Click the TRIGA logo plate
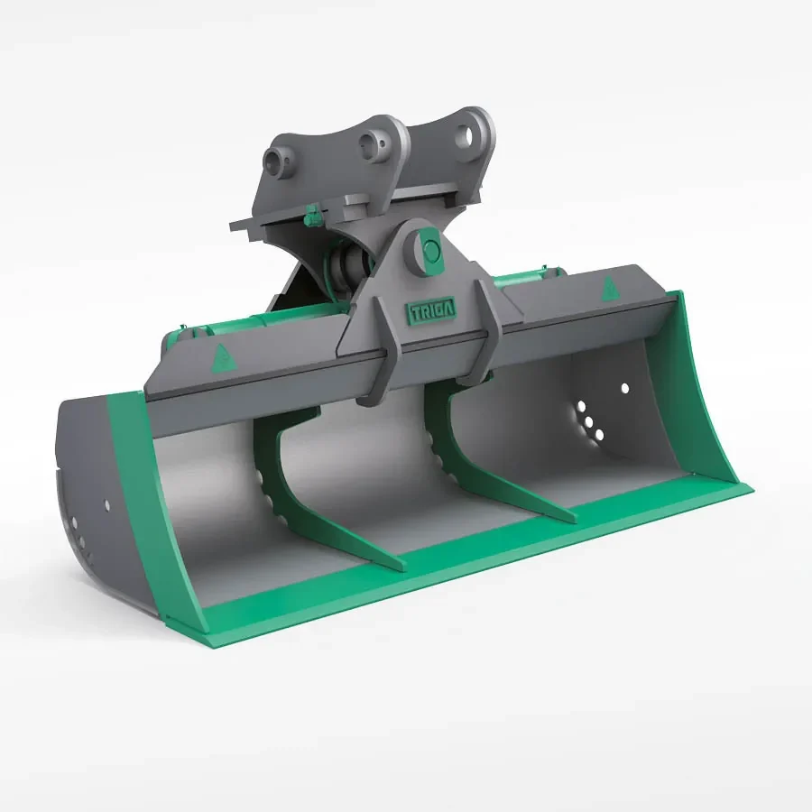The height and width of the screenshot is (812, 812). pyautogui.click(x=432, y=309)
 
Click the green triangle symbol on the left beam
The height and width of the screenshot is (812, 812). pyautogui.click(x=219, y=360)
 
